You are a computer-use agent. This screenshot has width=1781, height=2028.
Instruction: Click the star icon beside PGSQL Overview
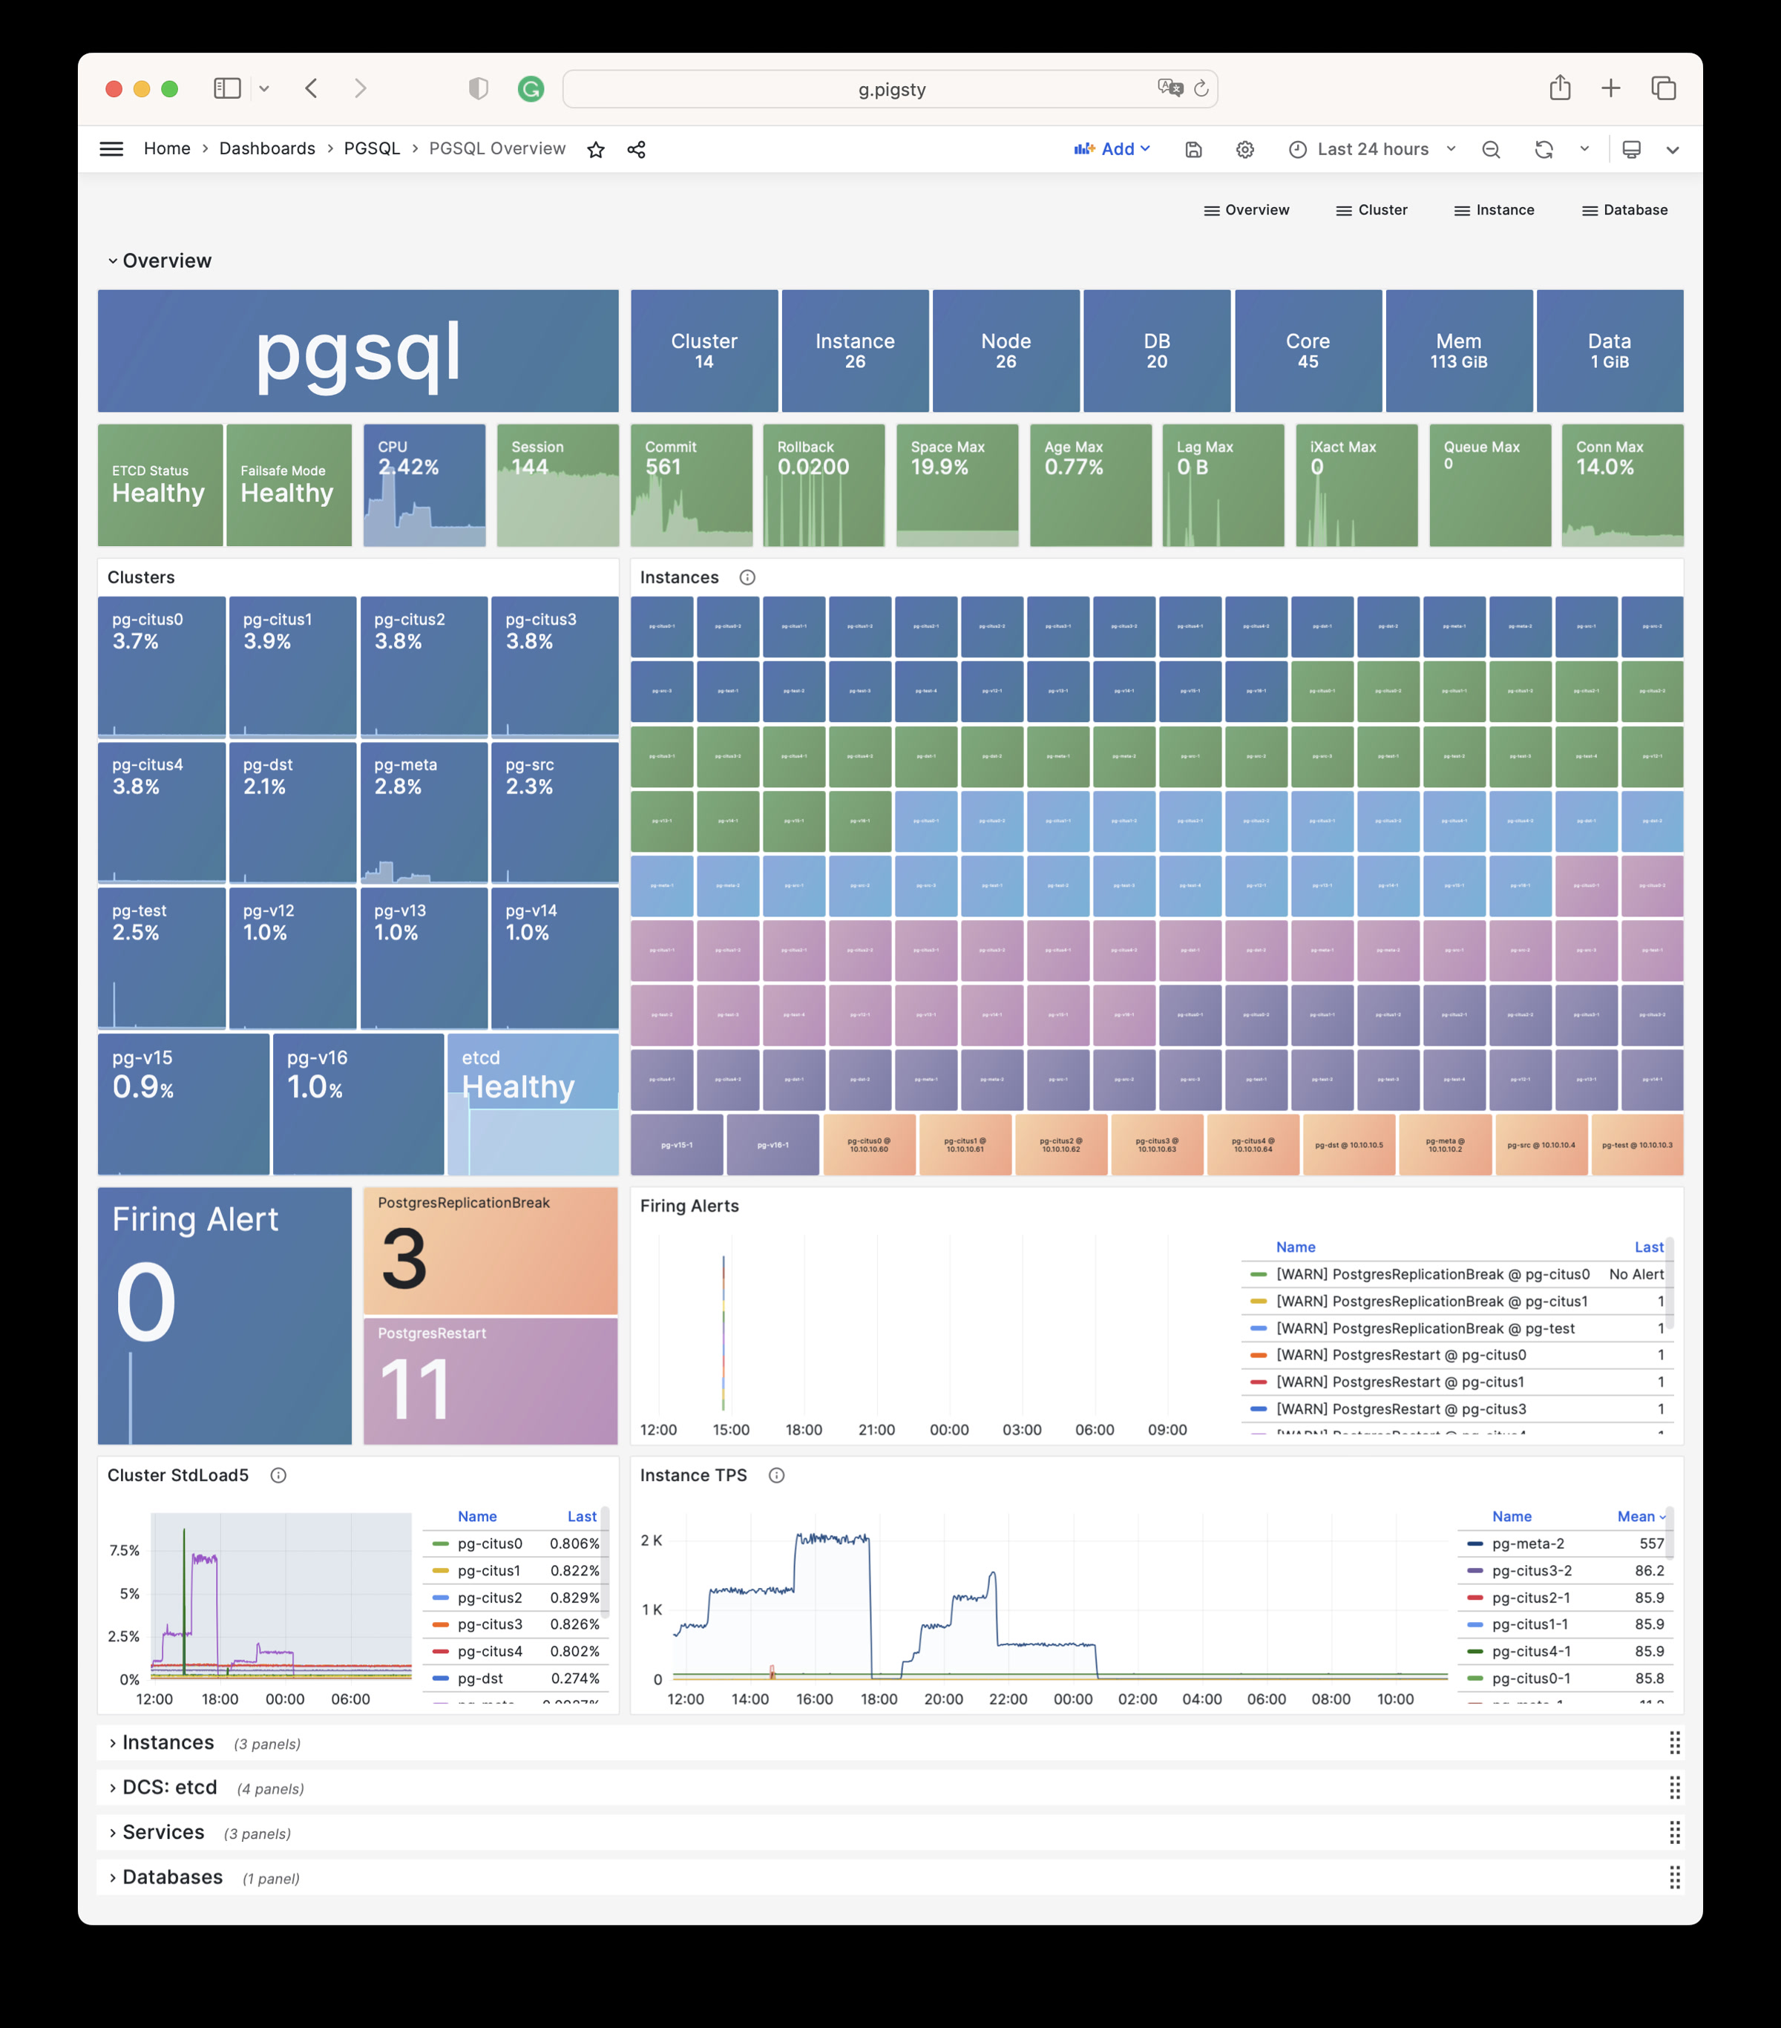click(595, 150)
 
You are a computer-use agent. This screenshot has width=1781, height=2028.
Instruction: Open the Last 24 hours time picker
click(1372, 150)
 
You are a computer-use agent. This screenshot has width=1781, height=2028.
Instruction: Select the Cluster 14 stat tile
click(703, 351)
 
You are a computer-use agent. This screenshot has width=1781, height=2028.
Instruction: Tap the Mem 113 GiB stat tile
click(1457, 351)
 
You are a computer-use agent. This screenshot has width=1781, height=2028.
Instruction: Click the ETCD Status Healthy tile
click(160, 485)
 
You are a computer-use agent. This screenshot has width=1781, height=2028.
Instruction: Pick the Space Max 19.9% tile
click(957, 485)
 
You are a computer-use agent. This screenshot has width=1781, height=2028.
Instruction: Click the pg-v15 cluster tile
click(183, 1103)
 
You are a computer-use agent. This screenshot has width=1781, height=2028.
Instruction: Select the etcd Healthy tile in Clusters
click(533, 1103)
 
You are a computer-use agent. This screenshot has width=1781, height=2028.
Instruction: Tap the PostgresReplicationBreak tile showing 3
click(491, 1251)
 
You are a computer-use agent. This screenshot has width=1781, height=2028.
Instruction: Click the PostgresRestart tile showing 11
click(491, 1381)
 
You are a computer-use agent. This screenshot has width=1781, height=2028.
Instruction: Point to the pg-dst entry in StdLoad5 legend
click(480, 1678)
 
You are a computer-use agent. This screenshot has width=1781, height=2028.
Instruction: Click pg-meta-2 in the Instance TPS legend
click(1527, 1544)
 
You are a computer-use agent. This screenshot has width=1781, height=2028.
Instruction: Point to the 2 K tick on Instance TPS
click(651, 1540)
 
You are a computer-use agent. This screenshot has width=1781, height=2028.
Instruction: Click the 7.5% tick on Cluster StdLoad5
click(124, 1551)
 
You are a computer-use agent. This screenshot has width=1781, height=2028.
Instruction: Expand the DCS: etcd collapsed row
click(170, 1788)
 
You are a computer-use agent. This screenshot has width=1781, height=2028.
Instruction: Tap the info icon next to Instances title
click(747, 577)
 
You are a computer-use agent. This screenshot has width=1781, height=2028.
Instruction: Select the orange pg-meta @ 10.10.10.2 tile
click(1445, 1145)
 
